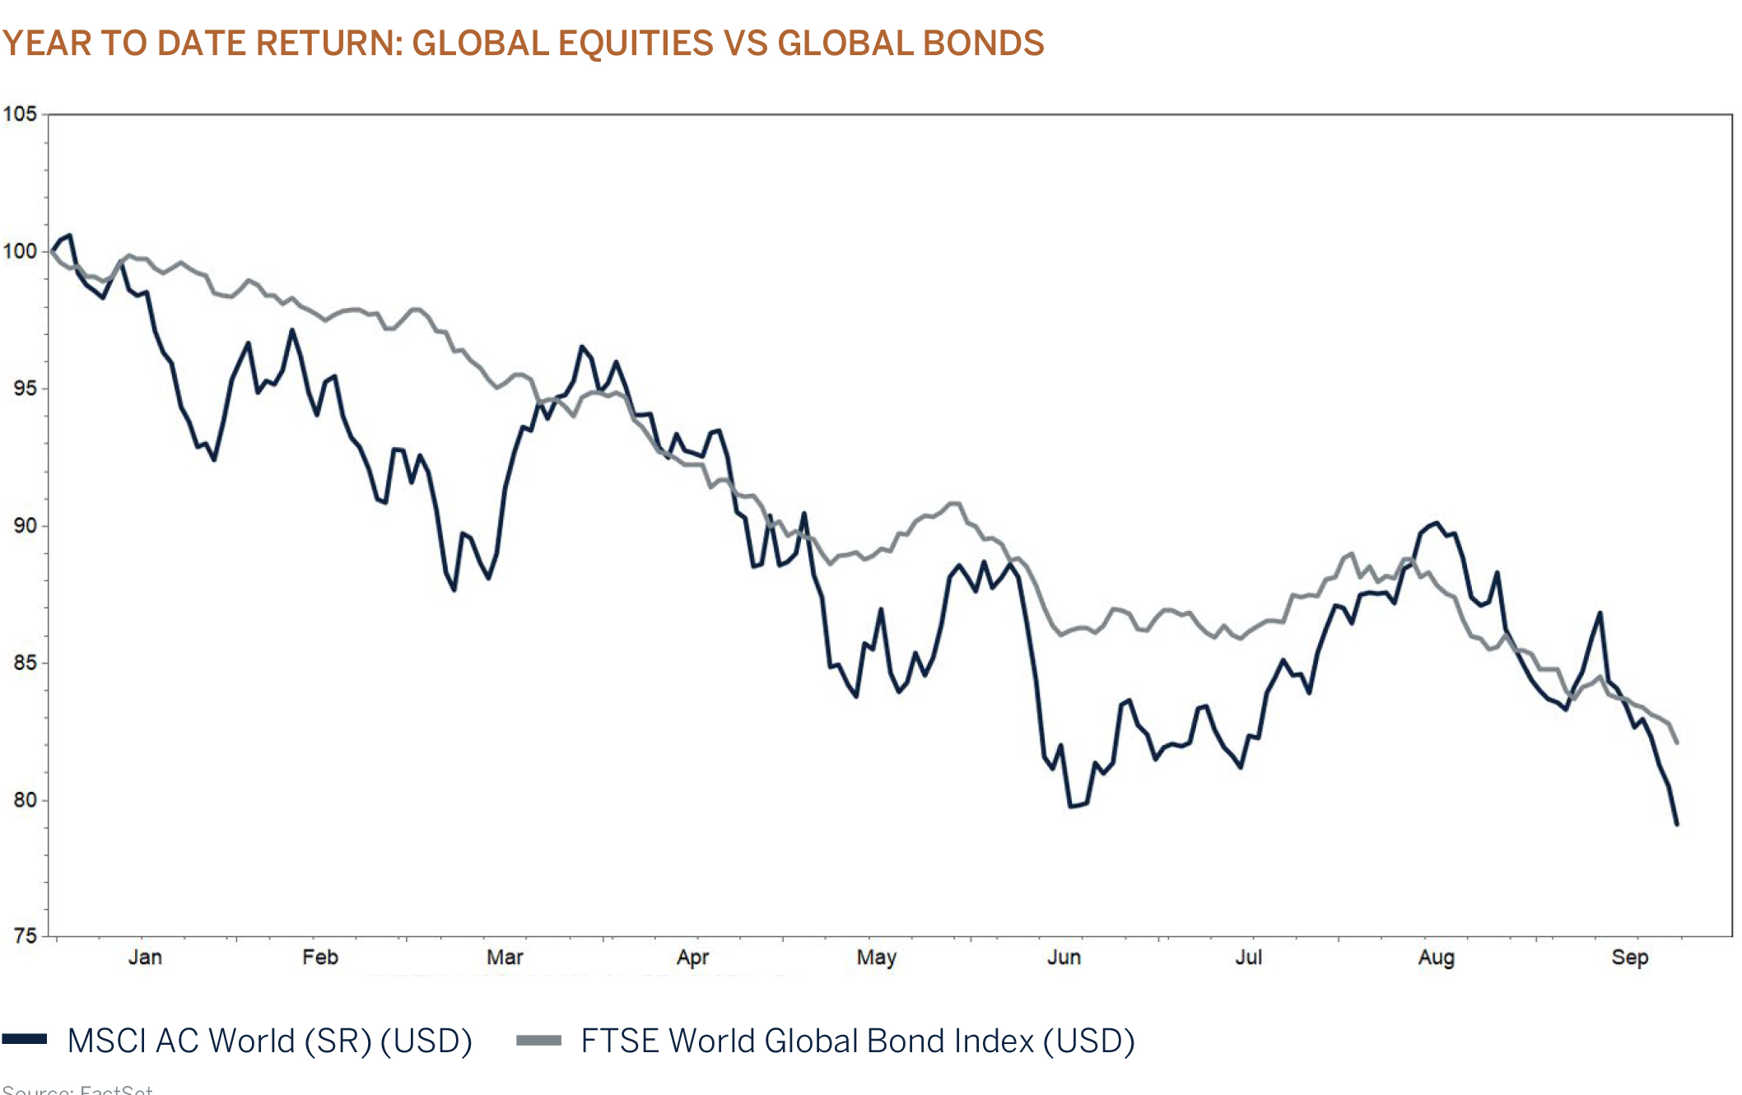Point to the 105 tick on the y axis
pos(20,114)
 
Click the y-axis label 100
pos(20,251)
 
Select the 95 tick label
pos(25,388)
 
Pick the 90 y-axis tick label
pos(25,525)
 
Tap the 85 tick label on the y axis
pos(25,662)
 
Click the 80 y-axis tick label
pos(25,799)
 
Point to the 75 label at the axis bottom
pos(25,935)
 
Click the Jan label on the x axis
pos(145,958)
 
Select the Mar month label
pos(505,958)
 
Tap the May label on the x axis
pos(876,958)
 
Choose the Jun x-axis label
pos(1064,958)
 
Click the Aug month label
pos(1437,958)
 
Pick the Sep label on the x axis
pos(1630,958)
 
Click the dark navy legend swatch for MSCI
pos(25,1039)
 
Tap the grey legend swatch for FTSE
pos(538,1040)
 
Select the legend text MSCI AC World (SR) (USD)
pos(270,1041)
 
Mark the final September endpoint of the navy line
pos(1677,824)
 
